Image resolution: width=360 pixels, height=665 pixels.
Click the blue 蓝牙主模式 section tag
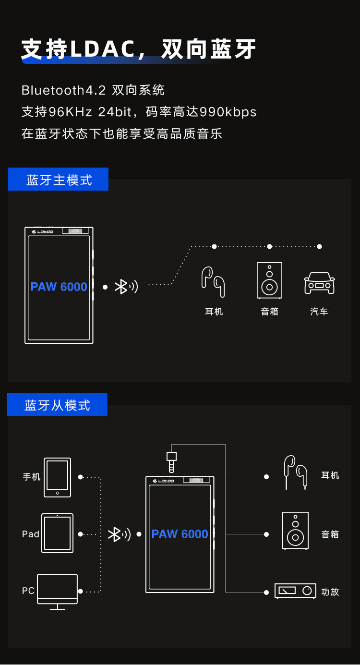pos(58,180)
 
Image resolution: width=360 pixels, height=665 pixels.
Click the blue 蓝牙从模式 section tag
pos(57,404)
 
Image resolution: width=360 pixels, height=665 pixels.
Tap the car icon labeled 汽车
pos(319,283)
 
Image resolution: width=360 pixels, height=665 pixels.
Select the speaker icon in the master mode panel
pos(269,280)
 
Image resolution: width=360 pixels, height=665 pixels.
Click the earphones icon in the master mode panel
pos(213,281)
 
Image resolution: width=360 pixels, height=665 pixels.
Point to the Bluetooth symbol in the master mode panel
pos(121,287)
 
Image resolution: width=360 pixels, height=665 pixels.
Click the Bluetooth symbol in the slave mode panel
pos(114,534)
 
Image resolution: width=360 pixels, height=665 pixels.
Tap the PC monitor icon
pos(57,591)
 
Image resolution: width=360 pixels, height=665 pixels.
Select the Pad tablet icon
pos(57,533)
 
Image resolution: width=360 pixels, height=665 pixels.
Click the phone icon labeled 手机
pos(57,477)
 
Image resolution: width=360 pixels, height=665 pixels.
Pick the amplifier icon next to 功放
pos(295,591)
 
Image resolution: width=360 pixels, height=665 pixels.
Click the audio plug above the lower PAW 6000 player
pos(171,461)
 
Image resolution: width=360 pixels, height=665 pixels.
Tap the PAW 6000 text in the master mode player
pos(59,287)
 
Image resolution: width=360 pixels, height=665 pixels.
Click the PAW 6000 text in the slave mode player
pos(180,534)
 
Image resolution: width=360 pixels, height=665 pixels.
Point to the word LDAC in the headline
pos(102,49)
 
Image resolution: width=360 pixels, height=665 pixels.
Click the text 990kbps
pos(228,112)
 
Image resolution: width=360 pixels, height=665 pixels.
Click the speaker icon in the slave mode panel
pos(295,531)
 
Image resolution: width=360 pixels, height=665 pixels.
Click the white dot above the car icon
pos(319,246)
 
